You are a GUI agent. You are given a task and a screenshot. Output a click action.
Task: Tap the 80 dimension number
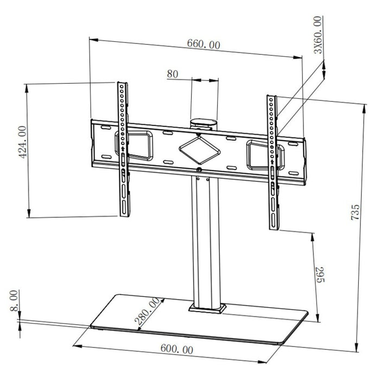click(173, 74)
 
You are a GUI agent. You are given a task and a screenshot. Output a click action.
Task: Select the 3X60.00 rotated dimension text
click(318, 34)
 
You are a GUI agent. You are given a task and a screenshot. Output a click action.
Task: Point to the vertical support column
click(206, 239)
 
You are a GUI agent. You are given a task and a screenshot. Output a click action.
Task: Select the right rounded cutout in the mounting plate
click(259, 152)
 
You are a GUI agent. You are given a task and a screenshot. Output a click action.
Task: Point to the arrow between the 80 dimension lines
click(205, 80)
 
